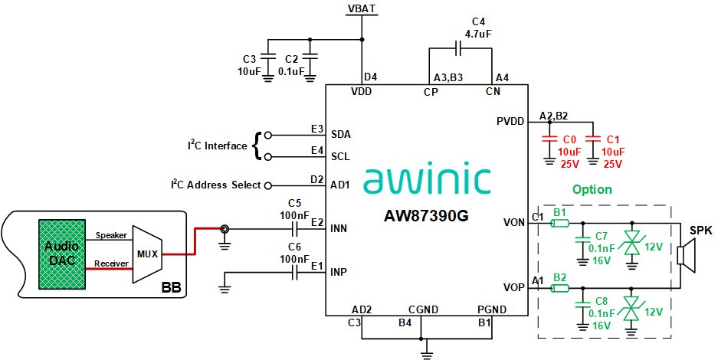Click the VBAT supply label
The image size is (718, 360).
362,8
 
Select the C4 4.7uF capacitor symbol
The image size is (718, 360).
458,49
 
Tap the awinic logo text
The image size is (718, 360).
427,178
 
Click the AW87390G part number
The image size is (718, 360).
426,216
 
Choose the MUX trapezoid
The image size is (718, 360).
146,254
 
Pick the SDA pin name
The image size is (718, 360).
340,134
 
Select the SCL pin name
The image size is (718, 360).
340,157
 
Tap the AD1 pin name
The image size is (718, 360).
340,185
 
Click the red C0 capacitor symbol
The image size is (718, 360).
549,140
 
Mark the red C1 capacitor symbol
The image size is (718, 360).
592,140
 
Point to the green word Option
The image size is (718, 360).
592,189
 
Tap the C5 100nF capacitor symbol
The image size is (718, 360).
294,228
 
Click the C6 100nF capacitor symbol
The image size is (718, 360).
294,272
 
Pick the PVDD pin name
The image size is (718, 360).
511,121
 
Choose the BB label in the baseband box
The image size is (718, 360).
172,288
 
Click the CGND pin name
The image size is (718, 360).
423,309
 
